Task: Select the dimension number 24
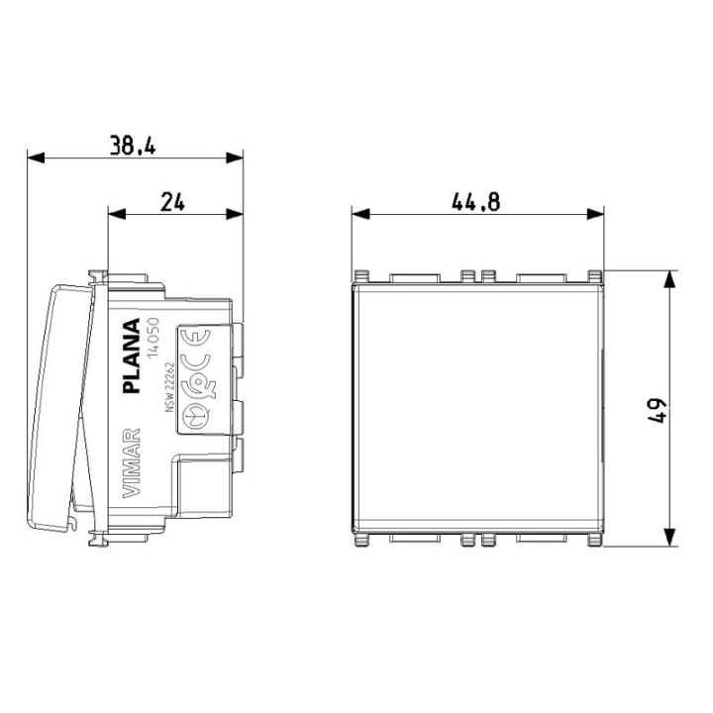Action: [x=172, y=202]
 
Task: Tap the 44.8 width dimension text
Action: [x=476, y=202]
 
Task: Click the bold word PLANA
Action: [x=131, y=356]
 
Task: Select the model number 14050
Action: [x=154, y=343]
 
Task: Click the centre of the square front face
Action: [x=478, y=407]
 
